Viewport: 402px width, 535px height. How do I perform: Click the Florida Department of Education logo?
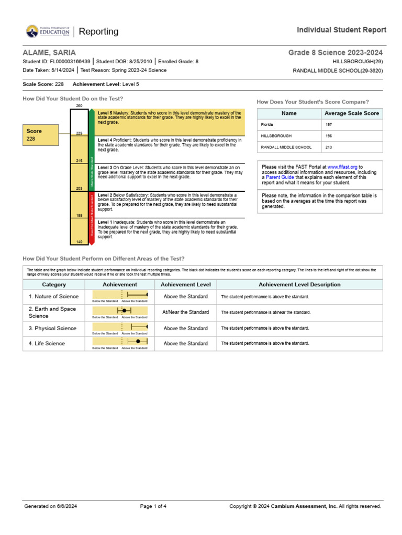click(x=48, y=32)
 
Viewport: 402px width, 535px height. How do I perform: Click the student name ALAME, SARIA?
click(x=49, y=53)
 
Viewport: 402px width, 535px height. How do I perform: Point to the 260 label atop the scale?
click(x=79, y=106)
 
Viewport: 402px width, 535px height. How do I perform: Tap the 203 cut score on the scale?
click(x=79, y=188)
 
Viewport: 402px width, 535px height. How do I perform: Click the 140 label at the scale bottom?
click(x=79, y=242)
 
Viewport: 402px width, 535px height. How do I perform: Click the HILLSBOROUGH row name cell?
click(x=289, y=136)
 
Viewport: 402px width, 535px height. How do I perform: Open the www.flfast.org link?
click(x=342, y=167)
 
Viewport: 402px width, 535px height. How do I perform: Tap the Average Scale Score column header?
click(x=352, y=113)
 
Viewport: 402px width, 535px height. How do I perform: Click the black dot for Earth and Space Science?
click(x=125, y=310)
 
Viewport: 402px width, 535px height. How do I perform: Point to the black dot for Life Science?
click(x=138, y=341)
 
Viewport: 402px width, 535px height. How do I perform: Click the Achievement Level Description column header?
click(x=299, y=285)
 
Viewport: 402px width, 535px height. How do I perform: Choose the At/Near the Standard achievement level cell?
click(x=185, y=312)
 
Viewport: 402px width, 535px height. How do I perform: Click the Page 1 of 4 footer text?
click(x=153, y=506)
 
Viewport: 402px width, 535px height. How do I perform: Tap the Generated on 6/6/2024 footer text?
click(x=50, y=506)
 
